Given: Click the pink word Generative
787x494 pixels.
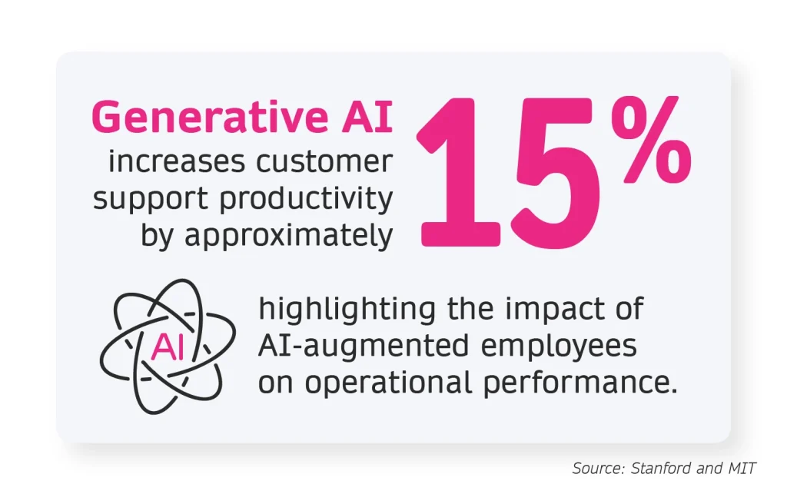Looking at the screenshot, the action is tap(210, 117).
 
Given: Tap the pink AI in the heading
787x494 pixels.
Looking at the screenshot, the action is tap(367, 117).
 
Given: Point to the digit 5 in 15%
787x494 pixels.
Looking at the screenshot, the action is tap(556, 174).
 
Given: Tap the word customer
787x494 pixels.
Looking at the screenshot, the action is tap(324, 163).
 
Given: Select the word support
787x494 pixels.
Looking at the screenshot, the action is tap(151, 200).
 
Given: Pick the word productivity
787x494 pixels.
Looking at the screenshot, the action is tap(306, 199).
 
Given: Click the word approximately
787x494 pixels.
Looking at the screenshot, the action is tap(289, 236).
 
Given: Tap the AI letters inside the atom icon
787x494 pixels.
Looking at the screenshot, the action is tap(168, 346).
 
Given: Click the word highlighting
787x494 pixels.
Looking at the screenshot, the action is tap(347, 310).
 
